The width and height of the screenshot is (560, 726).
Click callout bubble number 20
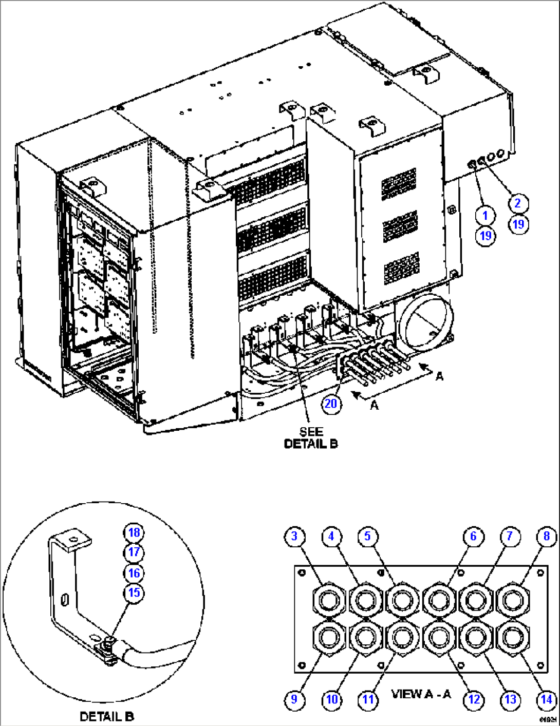[331, 404]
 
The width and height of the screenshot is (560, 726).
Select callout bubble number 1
[485, 216]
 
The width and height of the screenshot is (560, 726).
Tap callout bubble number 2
[517, 203]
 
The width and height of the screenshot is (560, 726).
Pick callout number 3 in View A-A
[294, 537]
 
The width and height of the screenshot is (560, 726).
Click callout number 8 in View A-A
[546, 537]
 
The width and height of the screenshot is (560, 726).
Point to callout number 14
[546, 699]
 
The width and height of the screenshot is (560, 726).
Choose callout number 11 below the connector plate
[368, 699]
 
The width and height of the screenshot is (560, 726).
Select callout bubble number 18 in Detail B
[134, 532]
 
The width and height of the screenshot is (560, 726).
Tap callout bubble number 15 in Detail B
[134, 593]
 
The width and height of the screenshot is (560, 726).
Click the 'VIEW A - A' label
[421, 694]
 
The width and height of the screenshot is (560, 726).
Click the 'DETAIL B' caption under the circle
[107, 716]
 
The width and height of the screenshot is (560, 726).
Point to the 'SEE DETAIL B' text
[311, 437]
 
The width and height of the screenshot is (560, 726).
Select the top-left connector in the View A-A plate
[328, 599]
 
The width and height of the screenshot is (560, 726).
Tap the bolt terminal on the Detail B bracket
[108, 642]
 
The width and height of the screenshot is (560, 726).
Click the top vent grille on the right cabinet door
[399, 183]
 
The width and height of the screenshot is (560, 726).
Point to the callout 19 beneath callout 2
[519, 224]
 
